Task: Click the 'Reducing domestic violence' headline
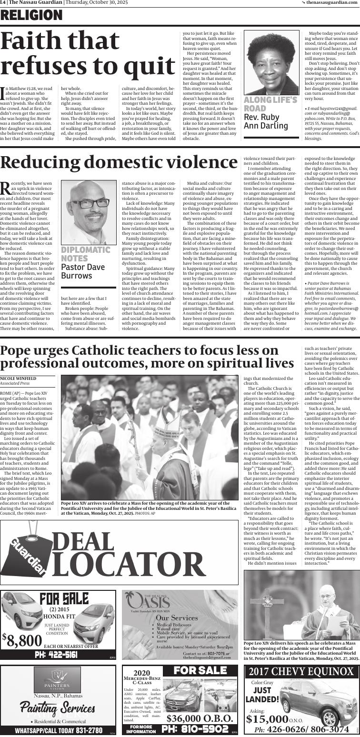point(119,162)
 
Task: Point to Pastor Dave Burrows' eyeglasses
point(90,203)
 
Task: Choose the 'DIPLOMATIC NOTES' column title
point(86,254)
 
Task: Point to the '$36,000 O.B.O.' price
point(200,718)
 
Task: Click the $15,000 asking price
point(268,718)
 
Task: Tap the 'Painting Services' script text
point(58,707)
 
